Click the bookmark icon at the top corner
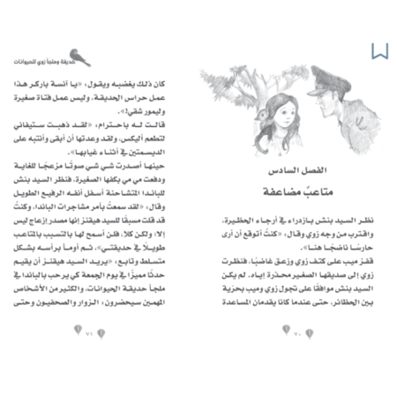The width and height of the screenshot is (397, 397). tap(379, 50)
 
